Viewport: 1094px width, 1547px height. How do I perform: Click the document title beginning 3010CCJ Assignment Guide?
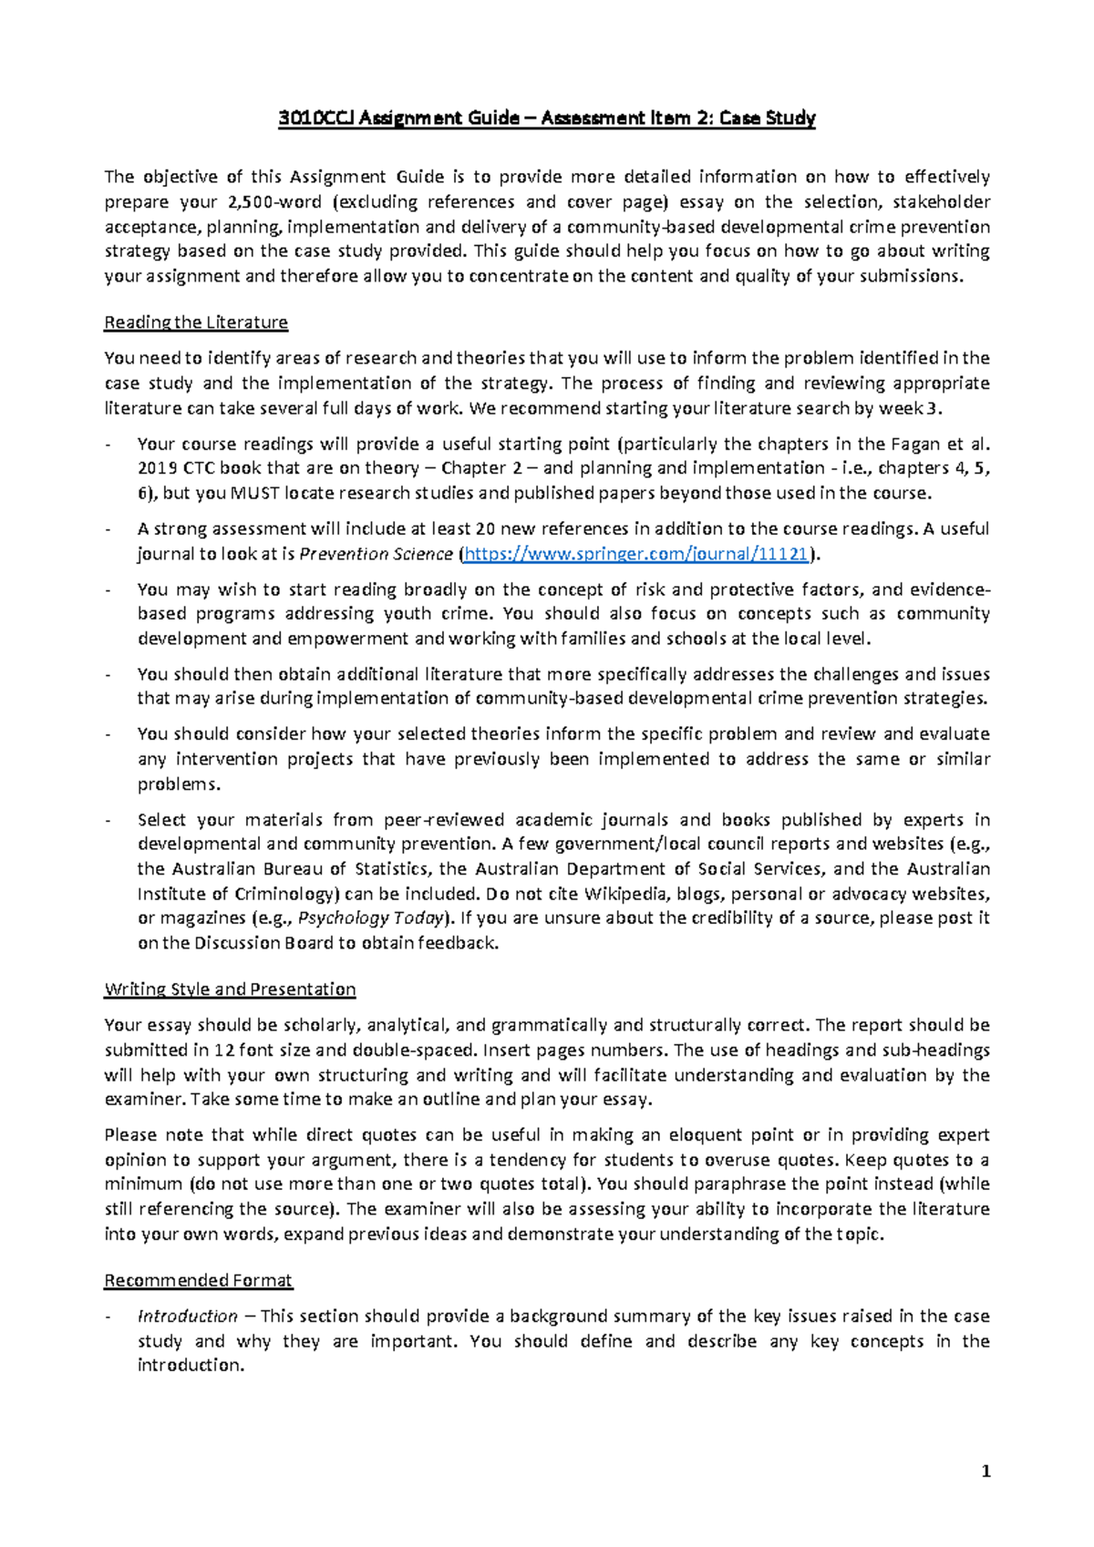pyautogui.click(x=547, y=118)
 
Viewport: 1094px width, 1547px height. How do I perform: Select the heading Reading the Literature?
pyautogui.click(x=196, y=322)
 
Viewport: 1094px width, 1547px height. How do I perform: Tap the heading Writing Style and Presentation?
pyautogui.click(x=230, y=989)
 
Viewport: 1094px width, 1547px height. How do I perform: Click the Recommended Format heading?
pyautogui.click(x=198, y=1280)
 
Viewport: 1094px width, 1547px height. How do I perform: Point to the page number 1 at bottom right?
pyautogui.click(x=986, y=1470)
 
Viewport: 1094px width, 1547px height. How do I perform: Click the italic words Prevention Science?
pyautogui.click(x=376, y=554)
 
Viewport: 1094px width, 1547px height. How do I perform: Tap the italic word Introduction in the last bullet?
pyautogui.click(x=188, y=1316)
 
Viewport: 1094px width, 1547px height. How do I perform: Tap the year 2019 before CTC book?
pyautogui.click(x=157, y=468)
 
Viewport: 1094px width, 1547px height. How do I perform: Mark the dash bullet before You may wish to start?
pyautogui.click(x=109, y=589)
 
